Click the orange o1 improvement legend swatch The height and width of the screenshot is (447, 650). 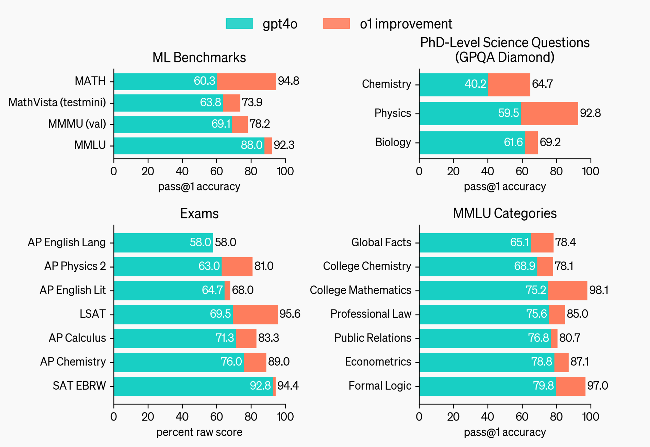pos(337,24)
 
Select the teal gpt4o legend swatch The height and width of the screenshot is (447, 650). pos(239,24)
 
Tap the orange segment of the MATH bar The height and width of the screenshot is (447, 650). pos(246,81)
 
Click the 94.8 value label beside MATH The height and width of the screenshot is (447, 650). pos(288,81)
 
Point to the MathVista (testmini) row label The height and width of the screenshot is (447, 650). pos(57,102)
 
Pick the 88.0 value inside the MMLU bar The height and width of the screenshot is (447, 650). pos(251,145)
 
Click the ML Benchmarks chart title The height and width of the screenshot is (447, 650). pos(199,58)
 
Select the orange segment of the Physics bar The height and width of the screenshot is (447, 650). pos(549,113)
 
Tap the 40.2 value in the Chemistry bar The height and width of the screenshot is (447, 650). pos(475,84)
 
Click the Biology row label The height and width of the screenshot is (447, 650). pos(393,142)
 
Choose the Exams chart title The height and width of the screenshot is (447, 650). pos(199,214)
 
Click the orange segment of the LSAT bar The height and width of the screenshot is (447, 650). pos(255,314)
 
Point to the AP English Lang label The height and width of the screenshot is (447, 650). pos(67,242)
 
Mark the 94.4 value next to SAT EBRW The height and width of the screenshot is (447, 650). pos(288,386)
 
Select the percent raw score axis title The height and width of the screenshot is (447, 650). pos(199,432)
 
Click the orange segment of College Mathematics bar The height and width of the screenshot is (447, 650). pos(567,290)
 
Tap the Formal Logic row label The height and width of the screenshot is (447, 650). pos(380,386)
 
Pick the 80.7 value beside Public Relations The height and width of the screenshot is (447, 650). pos(570,338)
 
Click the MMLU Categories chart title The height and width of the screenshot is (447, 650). pos(504,213)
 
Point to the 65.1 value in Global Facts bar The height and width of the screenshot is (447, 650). pos(520,242)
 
